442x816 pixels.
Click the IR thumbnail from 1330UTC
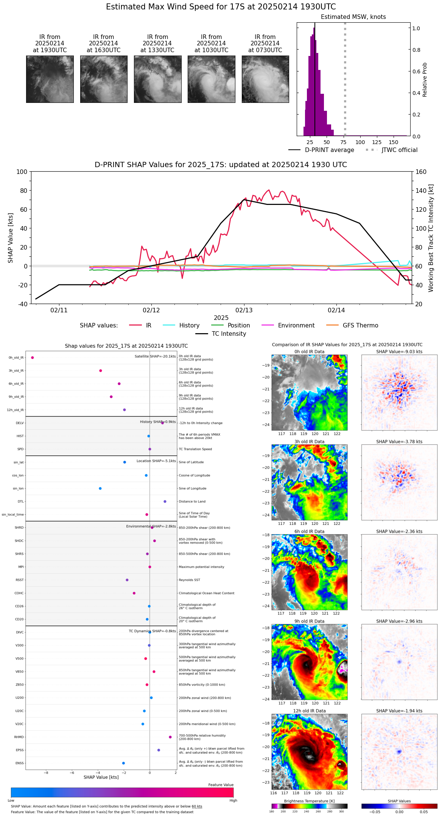157,79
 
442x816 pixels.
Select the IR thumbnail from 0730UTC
265,79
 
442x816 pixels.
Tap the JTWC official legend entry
399,150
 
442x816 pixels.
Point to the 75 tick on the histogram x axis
343,142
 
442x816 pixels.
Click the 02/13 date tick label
244,310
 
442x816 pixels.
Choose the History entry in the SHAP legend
189,326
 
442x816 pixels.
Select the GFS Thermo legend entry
360,326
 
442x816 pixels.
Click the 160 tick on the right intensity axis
421,172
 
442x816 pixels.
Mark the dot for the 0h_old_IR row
33,357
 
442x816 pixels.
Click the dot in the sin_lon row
100,489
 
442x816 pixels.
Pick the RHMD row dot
170,737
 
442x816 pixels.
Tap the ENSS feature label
20,763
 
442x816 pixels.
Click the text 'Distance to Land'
192,501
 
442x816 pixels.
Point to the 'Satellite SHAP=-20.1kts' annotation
155,356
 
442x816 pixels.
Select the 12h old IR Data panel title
309,711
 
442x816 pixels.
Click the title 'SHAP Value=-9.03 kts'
399,352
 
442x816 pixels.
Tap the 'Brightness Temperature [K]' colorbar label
309,801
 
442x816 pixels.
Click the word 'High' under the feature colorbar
233,800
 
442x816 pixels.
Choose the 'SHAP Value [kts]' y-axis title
11,238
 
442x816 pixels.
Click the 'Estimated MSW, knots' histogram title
353,17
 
